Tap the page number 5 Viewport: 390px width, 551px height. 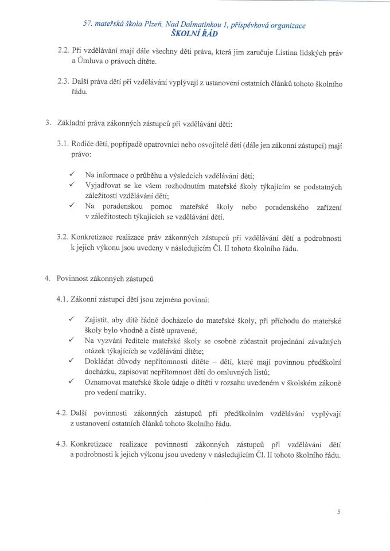(x=340, y=513)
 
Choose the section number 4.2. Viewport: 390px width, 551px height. (x=63, y=413)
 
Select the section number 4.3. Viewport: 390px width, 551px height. (x=63, y=444)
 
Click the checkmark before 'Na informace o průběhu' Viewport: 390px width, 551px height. (x=71, y=174)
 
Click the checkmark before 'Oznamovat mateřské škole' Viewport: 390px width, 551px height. (x=71, y=381)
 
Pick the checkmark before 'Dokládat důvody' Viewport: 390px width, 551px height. (x=71, y=361)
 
